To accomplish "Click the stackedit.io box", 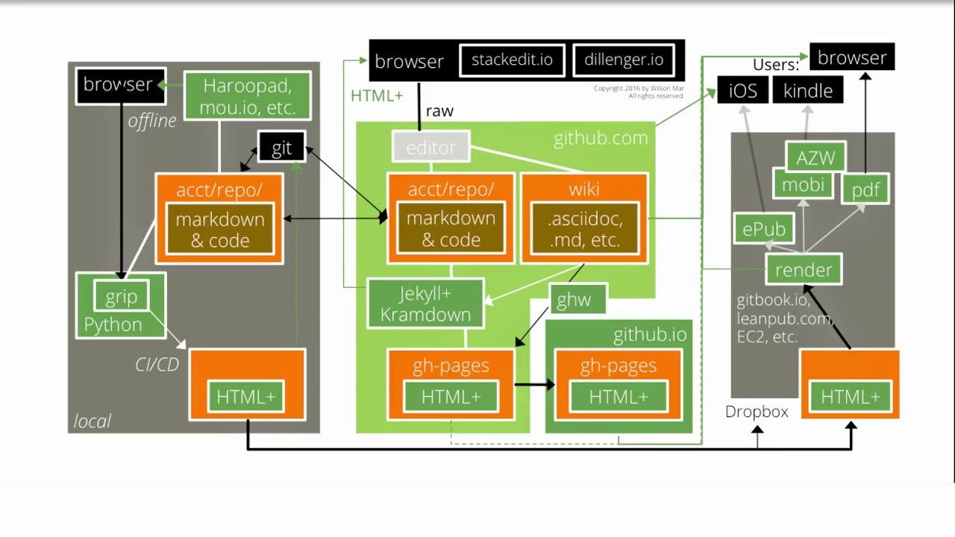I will (x=512, y=60).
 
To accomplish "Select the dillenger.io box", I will (x=624, y=60).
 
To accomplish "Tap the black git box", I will (x=281, y=148).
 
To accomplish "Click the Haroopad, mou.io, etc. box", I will (x=247, y=97).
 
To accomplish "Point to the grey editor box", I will (x=430, y=148).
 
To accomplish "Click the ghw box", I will (x=574, y=300).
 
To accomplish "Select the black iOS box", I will (x=742, y=91).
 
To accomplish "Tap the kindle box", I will (x=807, y=91).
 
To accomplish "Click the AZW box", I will (x=815, y=157).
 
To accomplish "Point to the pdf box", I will (x=865, y=190).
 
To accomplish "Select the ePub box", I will (x=764, y=229).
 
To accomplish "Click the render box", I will (x=804, y=269).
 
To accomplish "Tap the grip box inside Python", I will (x=121, y=297).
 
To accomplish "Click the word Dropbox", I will (x=757, y=412).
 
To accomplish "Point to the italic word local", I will (x=92, y=421).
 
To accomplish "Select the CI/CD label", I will (x=157, y=365).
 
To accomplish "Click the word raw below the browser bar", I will (x=439, y=111).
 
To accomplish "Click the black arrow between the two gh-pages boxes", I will (x=534, y=385).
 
